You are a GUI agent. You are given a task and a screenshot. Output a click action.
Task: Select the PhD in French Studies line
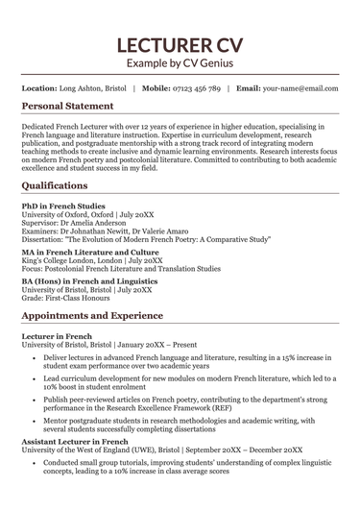(x=64, y=206)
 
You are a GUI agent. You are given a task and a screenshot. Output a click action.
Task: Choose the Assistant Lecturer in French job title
(x=77, y=441)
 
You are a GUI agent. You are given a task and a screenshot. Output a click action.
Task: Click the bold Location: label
(x=38, y=88)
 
